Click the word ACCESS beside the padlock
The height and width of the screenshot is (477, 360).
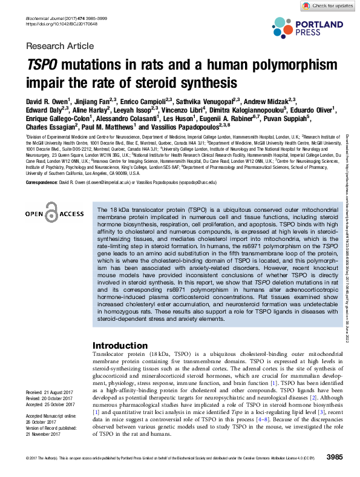(71, 214)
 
